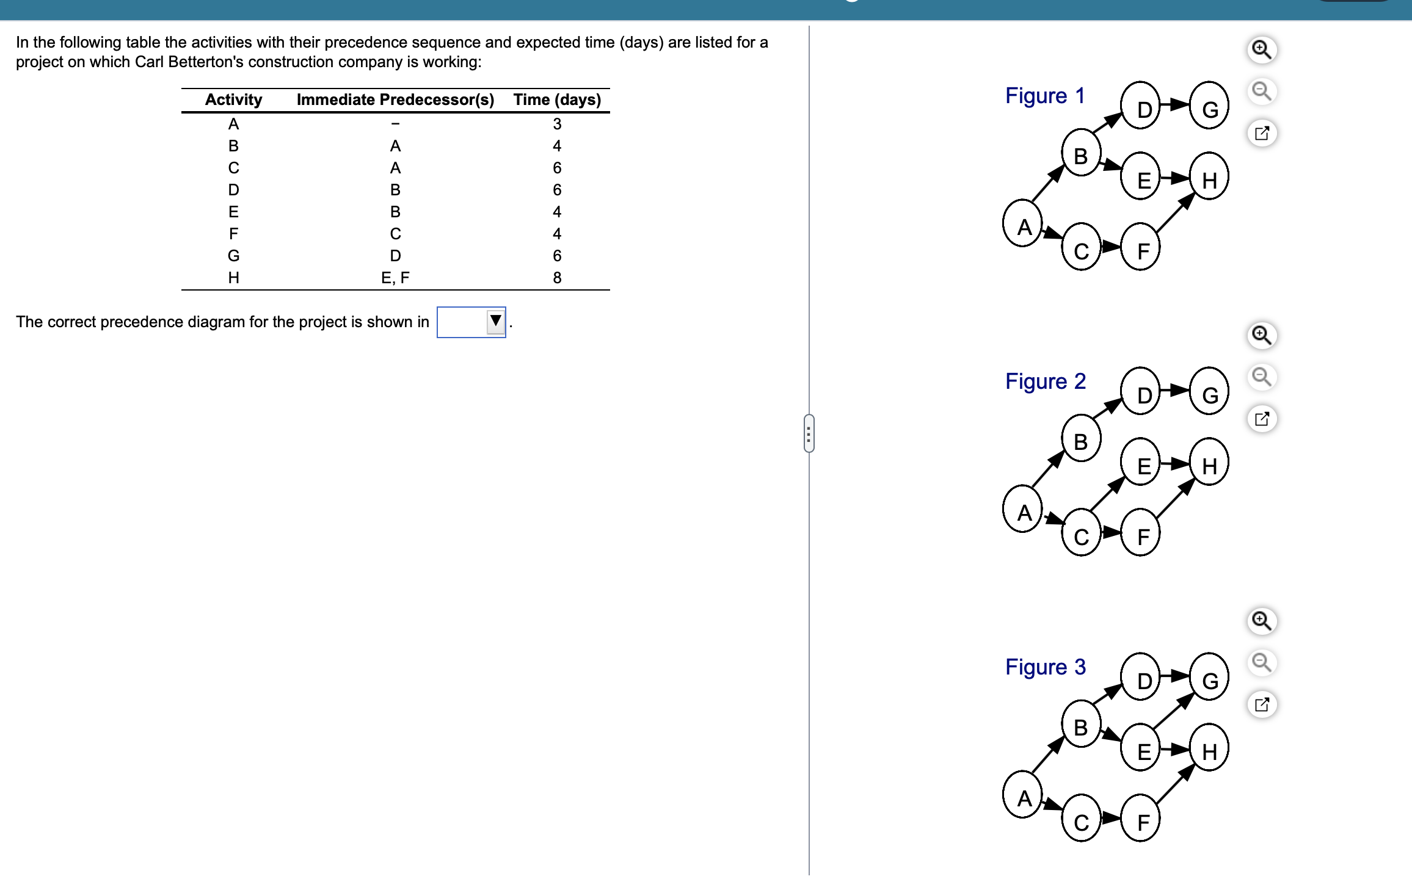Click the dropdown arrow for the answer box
point(495,322)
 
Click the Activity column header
point(233,99)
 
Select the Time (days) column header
point(557,99)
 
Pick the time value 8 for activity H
point(557,278)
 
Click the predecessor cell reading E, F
point(395,278)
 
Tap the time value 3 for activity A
point(557,124)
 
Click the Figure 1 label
point(1045,96)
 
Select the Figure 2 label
point(1046,382)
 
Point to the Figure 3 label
point(1046,667)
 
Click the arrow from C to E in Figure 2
point(1107,494)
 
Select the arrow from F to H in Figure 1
point(1175,213)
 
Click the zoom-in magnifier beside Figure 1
point(1262,49)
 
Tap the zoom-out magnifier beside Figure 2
point(1262,377)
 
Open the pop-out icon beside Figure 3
point(1262,704)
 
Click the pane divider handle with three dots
point(809,433)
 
